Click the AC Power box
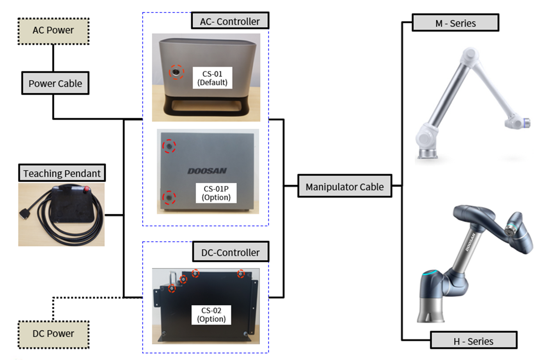[x=53, y=31]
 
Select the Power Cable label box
[x=55, y=84]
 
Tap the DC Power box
[x=53, y=334]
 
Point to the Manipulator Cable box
[x=345, y=186]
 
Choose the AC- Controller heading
[x=230, y=21]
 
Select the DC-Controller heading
[x=230, y=252]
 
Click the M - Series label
[x=455, y=23]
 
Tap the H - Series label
[x=473, y=341]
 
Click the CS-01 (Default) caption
[x=212, y=77]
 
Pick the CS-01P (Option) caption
[x=216, y=193]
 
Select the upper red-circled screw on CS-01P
[x=168, y=146]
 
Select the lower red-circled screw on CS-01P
[x=168, y=197]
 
